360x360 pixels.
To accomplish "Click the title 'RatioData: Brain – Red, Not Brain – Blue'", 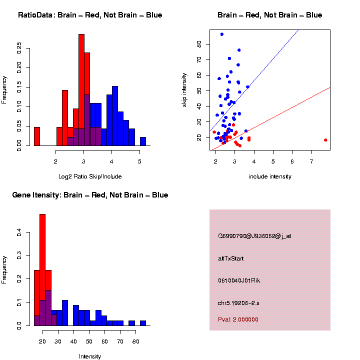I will pyautogui.click(x=90, y=15).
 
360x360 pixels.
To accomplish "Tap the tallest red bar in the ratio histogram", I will pyautogui.click(x=81, y=90).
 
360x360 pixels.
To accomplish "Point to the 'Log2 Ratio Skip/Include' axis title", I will pyautogui.click(x=90, y=176).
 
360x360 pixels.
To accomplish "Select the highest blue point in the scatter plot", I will pyautogui.click(x=222, y=34).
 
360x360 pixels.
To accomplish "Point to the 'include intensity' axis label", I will pyautogui.click(x=270, y=176).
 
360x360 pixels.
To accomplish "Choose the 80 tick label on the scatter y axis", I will pyautogui.click(x=199, y=44).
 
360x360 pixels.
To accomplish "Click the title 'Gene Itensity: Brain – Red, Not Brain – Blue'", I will pyautogui.click(x=90, y=195).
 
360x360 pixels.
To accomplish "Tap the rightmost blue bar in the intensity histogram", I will pyautogui.click(x=143, y=323).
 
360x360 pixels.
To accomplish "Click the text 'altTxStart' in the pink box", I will pyautogui.click(x=230, y=258).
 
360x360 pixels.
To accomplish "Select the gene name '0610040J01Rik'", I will pyautogui.click(x=239, y=280).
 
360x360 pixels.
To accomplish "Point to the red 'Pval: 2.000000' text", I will pyautogui.click(x=238, y=319).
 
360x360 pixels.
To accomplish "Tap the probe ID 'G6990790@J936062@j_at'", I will pyautogui.click(x=254, y=236).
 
